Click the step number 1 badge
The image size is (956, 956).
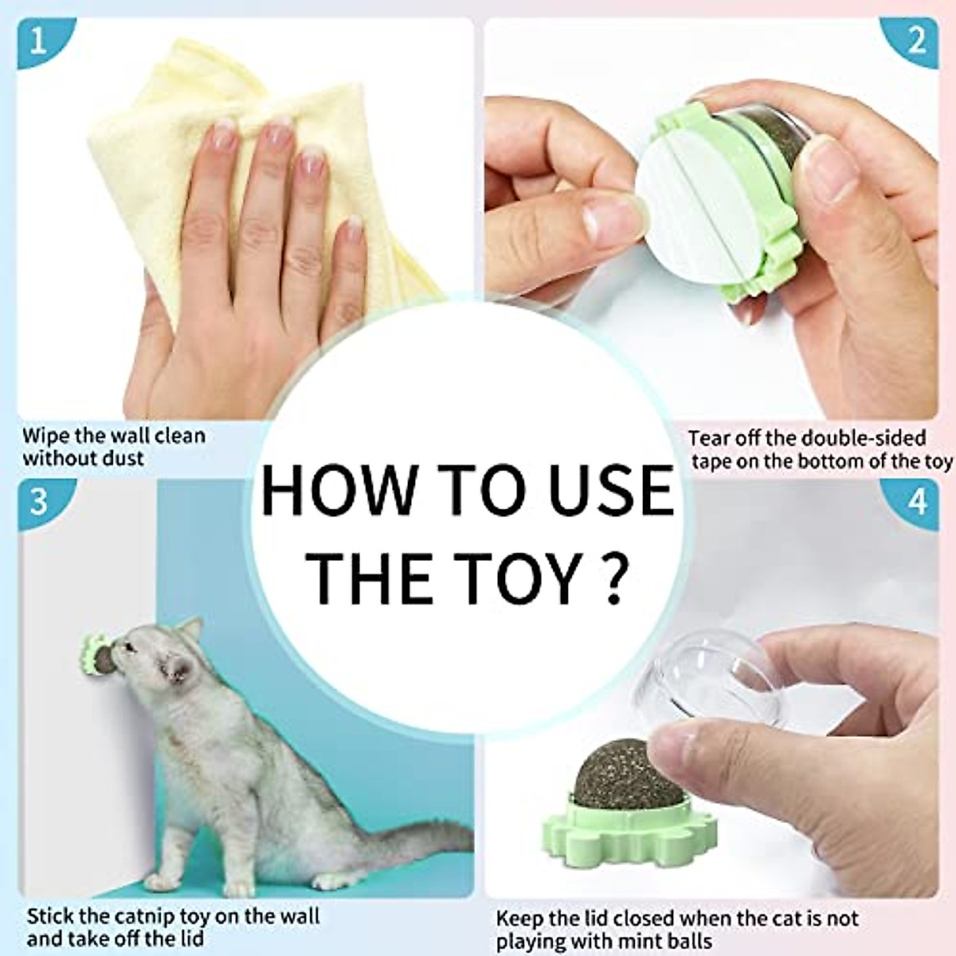[x=37, y=40]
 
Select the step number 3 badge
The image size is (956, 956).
[x=38, y=502]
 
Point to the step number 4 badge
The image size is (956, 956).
[x=918, y=503]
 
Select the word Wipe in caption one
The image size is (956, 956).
[x=45, y=436]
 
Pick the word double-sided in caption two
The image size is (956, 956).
[x=864, y=438]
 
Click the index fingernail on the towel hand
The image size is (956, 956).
[x=224, y=132]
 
